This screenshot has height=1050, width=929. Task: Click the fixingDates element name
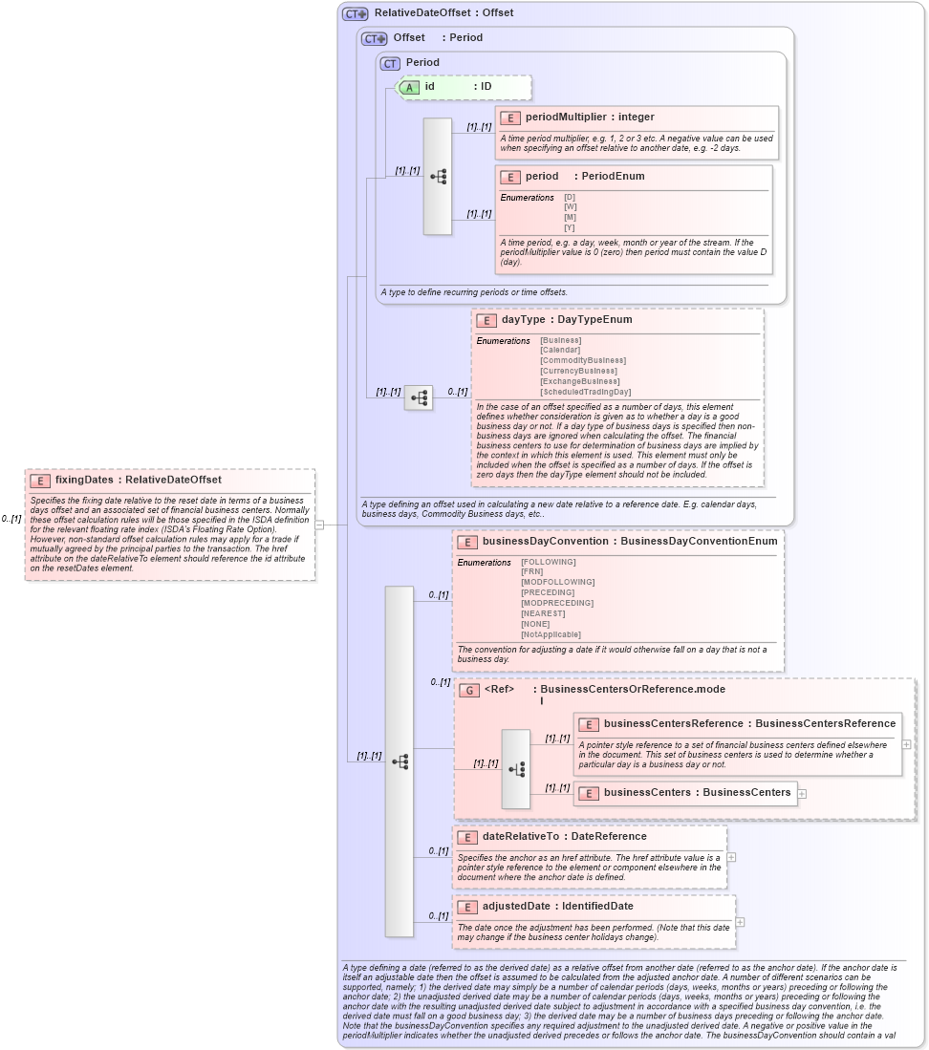(x=84, y=480)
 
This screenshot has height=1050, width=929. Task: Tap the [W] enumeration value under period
(x=570, y=206)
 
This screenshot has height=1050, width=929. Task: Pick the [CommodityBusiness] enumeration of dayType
(x=577, y=360)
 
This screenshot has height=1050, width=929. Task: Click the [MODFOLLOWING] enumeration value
(x=557, y=582)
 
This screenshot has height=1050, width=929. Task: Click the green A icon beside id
(x=409, y=87)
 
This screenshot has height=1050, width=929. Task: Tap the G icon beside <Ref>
(x=468, y=690)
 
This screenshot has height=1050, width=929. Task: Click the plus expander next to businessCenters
(x=802, y=793)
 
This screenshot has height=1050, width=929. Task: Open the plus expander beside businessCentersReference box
(x=906, y=743)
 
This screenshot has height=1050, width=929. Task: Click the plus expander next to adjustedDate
(x=740, y=922)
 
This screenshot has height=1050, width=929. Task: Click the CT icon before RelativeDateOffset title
(x=356, y=13)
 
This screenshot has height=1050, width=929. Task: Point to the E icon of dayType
(x=486, y=320)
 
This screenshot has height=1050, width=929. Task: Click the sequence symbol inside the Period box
(x=438, y=177)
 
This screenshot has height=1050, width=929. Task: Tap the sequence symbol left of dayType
(x=419, y=397)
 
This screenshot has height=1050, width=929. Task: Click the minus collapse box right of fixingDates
(x=319, y=525)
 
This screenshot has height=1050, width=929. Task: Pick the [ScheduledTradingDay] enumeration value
(x=585, y=392)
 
